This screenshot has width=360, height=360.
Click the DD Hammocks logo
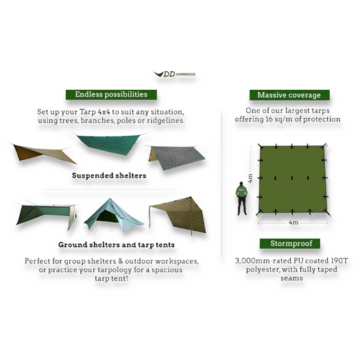pos(174,74)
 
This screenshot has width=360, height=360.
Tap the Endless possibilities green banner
pos(111,95)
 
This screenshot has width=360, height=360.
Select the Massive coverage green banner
pos(289,95)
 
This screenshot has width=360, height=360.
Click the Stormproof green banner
pos(290,243)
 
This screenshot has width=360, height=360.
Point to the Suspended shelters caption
pos(109,176)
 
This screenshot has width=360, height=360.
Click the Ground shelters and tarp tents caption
pos(117,245)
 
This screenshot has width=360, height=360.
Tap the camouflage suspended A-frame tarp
pos(176,157)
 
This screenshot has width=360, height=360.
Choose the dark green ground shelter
pos(46,215)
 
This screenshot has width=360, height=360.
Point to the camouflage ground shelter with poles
pos(178,215)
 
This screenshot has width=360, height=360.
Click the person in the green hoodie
pos(241,198)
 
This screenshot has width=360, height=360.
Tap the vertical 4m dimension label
pos(250,178)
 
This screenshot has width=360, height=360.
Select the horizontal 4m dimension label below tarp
pos(293,222)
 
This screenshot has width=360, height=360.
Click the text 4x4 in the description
pos(104,112)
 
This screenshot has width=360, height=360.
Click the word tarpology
pos(115,270)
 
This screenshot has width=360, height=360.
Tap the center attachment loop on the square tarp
pos(292,178)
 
